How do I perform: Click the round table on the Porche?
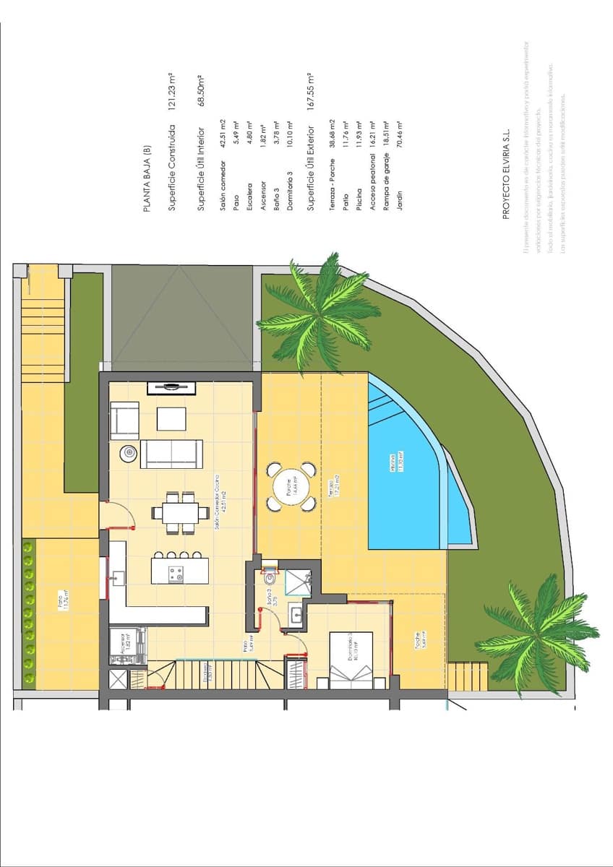(x=288, y=486)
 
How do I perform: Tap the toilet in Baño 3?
(x=270, y=577)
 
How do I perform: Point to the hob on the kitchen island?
(x=175, y=574)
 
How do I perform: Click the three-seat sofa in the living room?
(x=171, y=453)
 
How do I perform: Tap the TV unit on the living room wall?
(x=172, y=388)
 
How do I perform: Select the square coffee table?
(x=171, y=419)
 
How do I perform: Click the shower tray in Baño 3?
(x=298, y=582)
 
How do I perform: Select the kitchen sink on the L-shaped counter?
(x=119, y=578)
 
